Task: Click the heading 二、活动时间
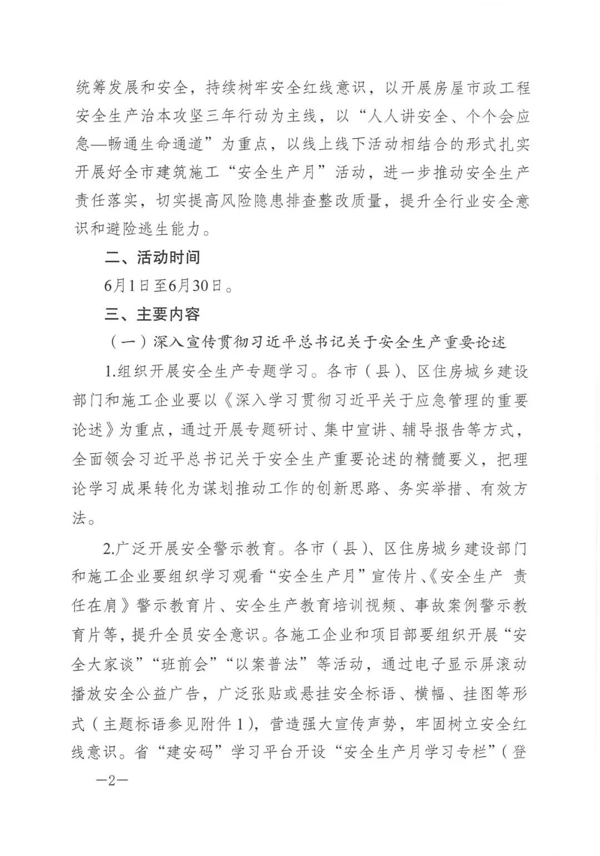152,257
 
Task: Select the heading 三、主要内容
152,314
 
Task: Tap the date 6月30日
197,286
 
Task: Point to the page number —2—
112,780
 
